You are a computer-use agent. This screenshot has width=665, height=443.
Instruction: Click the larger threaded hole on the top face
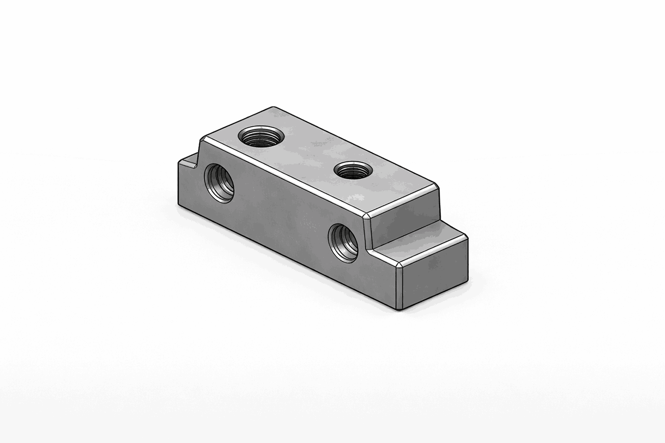click(261, 136)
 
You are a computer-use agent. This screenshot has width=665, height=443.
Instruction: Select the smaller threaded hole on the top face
click(353, 170)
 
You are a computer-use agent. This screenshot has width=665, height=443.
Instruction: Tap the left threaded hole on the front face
click(220, 183)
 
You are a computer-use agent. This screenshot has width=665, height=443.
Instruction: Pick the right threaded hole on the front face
click(343, 242)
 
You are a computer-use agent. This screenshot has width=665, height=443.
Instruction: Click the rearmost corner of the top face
click(273, 107)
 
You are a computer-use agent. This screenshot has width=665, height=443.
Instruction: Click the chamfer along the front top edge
click(285, 176)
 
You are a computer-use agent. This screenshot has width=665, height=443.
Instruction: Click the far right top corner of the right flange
click(466, 237)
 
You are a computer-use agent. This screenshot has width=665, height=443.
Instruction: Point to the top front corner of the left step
click(179, 162)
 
